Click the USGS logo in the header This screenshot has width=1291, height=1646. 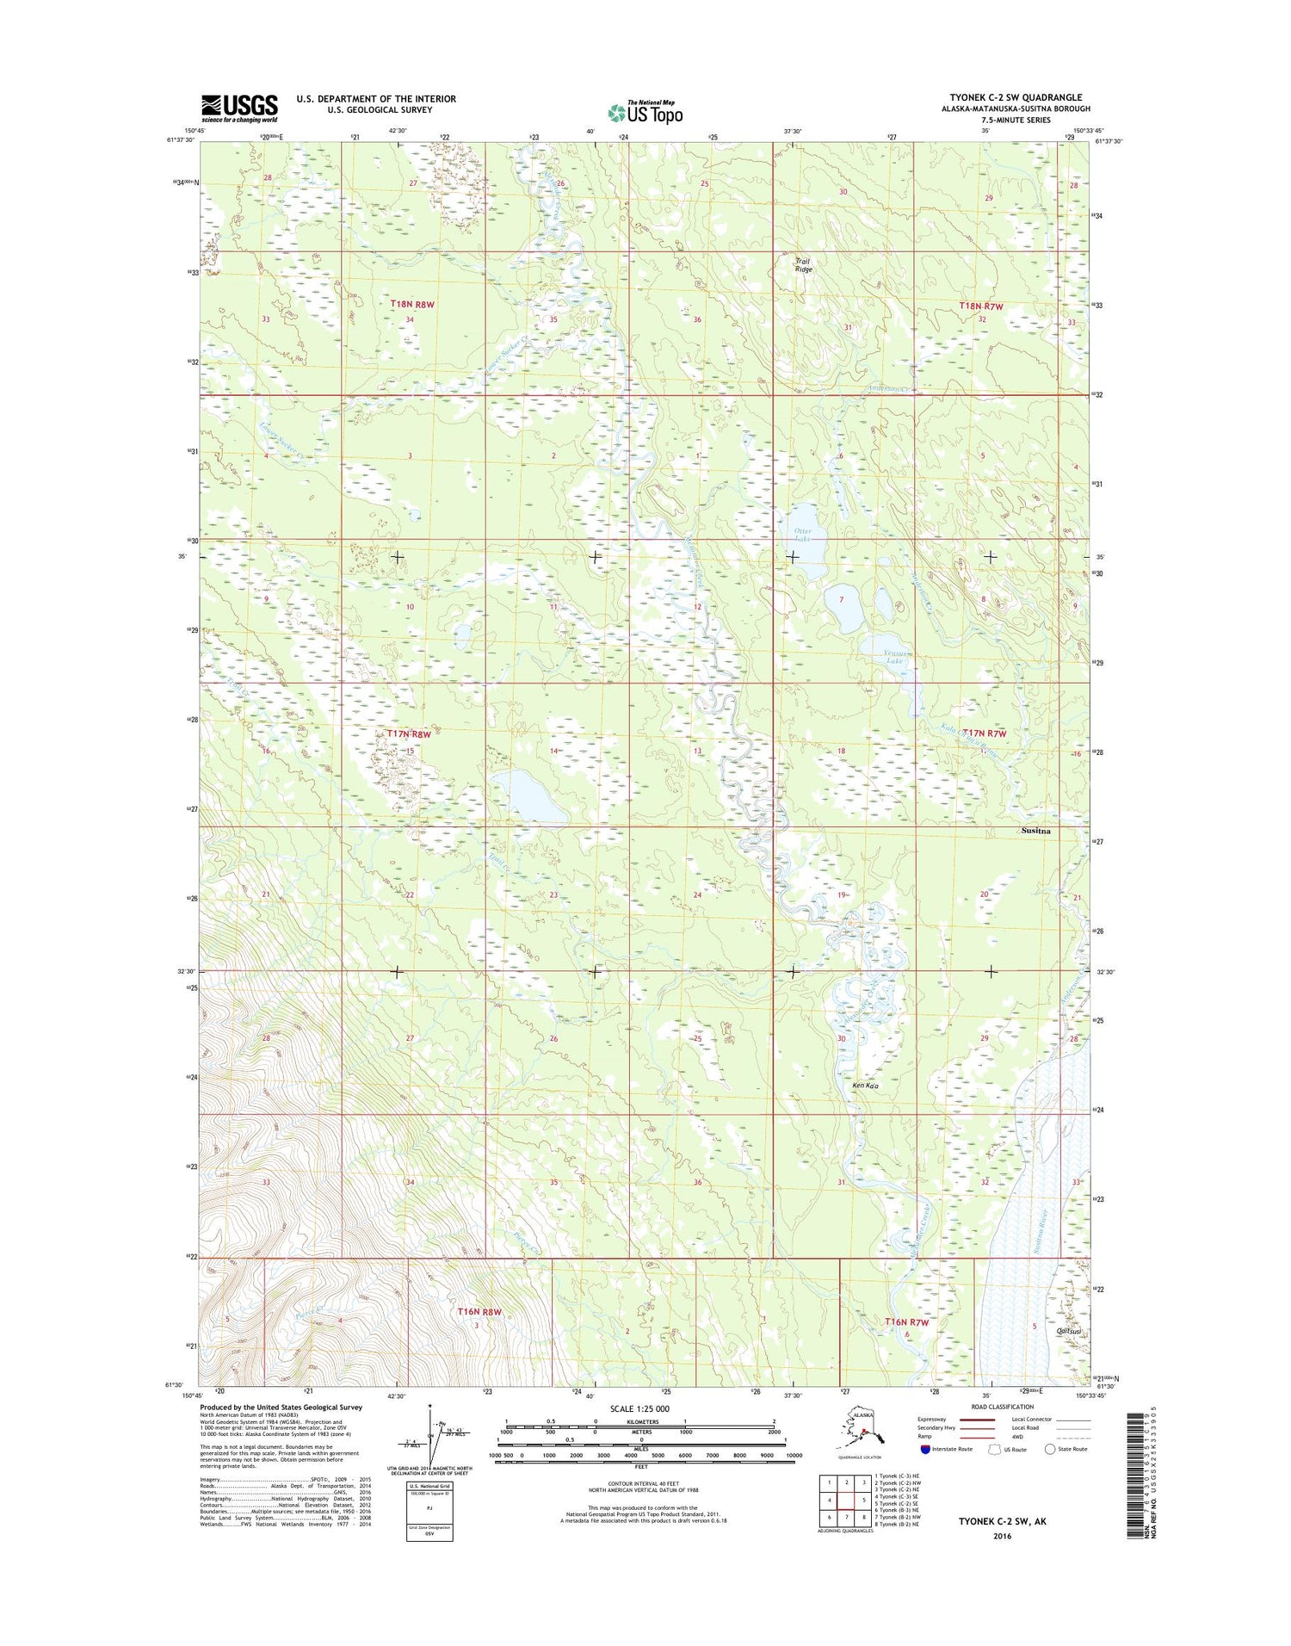pyautogui.click(x=239, y=108)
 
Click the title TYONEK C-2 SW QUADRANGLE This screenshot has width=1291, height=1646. pyautogui.click(x=1016, y=97)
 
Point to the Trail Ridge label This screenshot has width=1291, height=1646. pyautogui.click(x=802, y=265)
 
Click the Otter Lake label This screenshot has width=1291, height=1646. pyautogui.click(x=802, y=535)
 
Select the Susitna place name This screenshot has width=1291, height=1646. pyautogui.click(x=1035, y=831)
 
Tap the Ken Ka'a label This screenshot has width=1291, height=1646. pyautogui.click(x=865, y=1086)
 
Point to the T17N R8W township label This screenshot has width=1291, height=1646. pyautogui.click(x=408, y=733)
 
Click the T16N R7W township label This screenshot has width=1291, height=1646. pyautogui.click(x=907, y=1321)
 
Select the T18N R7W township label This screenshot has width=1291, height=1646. pyautogui.click(x=981, y=306)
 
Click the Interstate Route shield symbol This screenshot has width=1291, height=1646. pyautogui.click(x=925, y=1449)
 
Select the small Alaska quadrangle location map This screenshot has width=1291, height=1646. pyautogui.click(x=860, y=1430)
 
